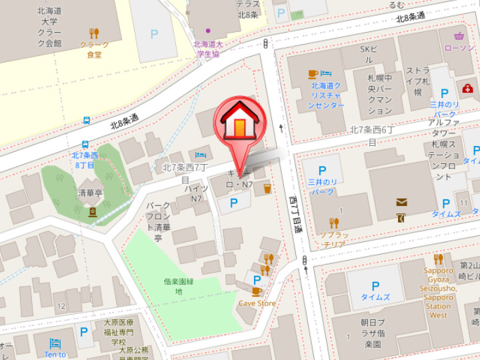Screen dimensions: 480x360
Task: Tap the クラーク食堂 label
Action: [94, 49]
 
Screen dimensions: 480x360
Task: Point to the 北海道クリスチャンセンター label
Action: [326, 95]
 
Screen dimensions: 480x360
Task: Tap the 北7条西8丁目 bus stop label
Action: [85, 160]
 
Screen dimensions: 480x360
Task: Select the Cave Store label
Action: [257, 303]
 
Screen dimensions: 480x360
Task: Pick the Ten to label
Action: [55, 354]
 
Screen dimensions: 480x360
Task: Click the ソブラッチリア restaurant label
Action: [333, 240]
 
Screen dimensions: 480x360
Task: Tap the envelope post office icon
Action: [402, 202]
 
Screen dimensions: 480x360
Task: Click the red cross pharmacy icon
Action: [467, 88]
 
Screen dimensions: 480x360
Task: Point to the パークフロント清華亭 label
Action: [158, 221]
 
